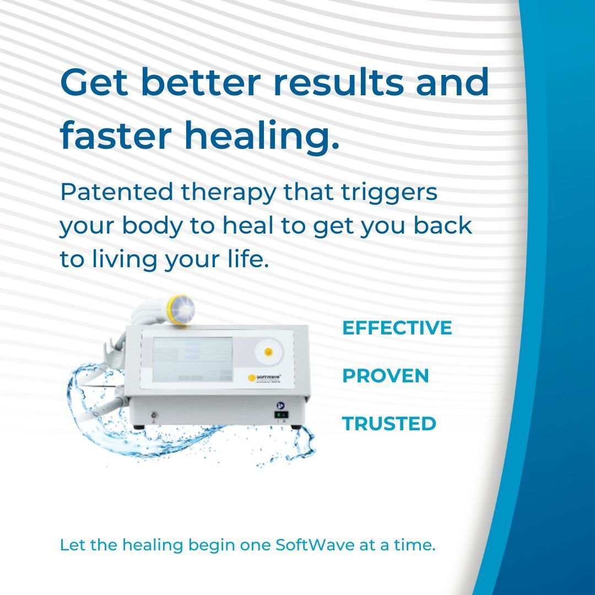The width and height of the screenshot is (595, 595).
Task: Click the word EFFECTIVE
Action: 397,328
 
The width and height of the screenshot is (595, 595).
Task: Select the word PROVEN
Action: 385,376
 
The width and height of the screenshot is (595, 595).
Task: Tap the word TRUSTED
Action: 389,424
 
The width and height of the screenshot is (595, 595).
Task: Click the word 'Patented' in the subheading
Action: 117,193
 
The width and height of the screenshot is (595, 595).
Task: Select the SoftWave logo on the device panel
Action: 264,377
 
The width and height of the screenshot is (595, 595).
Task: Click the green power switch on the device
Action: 281,415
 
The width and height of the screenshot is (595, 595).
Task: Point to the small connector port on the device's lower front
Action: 153,415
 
